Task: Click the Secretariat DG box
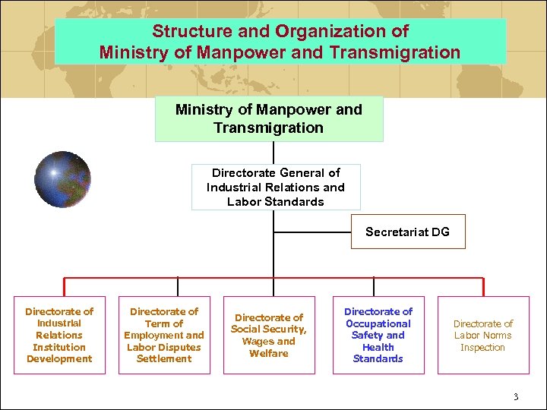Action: click(x=407, y=232)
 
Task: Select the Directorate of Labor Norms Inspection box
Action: click(x=483, y=335)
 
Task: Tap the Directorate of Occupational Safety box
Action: click(x=378, y=335)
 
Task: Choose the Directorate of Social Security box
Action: click(x=268, y=335)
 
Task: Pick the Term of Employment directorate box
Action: click(x=164, y=335)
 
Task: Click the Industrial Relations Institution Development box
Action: click(x=59, y=335)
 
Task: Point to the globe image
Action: click(x=62, y=179)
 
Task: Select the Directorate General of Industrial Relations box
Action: click(x=276, y=187)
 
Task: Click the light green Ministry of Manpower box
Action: click(x=269, y=118)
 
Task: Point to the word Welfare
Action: click(x=268, y=353)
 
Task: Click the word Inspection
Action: click(x=482, y=348)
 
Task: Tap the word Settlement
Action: click(x=164, y=359)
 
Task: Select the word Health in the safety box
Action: click(x=378, y=347)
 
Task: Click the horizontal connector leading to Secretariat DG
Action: click(x=311, y=232)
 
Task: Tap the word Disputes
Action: click(x=182, y=347)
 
